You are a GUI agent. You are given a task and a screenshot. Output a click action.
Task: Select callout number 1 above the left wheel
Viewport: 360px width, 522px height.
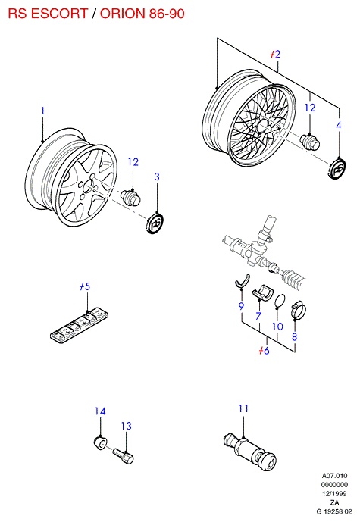tap(42, 111)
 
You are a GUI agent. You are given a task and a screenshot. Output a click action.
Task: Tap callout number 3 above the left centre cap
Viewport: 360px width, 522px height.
tap(157, 177)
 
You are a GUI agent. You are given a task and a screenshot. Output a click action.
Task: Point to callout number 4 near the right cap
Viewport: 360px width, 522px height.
tap(339, 125)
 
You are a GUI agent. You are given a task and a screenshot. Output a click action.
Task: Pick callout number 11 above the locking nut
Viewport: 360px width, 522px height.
tap(243, 408)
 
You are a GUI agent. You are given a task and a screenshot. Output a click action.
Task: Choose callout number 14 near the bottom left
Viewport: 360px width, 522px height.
tap(100, 411)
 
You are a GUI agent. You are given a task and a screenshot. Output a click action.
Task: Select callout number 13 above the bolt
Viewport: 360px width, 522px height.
tap(127, 426)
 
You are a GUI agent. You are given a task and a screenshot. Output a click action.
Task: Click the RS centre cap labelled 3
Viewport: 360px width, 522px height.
tap(155, 223)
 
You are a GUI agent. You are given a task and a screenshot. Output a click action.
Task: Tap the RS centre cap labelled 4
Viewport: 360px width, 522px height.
tap(337, 169)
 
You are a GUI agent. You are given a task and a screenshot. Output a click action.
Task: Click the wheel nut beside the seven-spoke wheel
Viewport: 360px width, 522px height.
tap(130, 198)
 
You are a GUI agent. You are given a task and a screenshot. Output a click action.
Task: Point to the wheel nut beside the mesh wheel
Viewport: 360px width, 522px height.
tap(310, 142)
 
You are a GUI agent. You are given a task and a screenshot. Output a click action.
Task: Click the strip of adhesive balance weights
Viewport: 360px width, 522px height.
tap(80, 325)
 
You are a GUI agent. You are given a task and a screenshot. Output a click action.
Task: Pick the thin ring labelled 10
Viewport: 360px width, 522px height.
tap(280, 301)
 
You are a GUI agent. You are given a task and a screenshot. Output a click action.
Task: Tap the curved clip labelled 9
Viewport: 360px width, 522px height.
tap(243, 281)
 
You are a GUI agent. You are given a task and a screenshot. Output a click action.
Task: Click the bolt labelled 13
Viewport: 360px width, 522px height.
tap(124, 455)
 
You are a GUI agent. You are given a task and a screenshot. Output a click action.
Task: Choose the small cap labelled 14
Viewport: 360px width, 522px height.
tap(100, 442)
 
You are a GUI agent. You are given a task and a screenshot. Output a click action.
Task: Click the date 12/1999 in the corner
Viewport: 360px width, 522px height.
tap(334, 493)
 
